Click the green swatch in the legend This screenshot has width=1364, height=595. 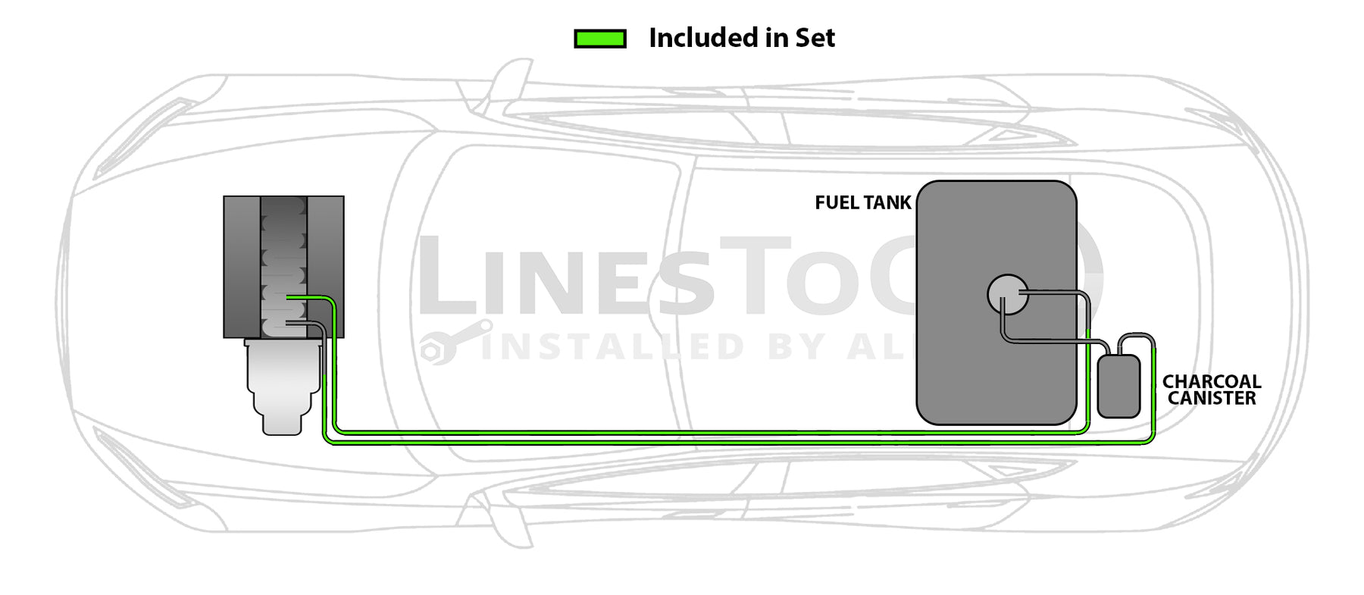(600, 39)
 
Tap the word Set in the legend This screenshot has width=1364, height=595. (815, 38)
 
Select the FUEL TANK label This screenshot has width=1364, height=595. (862, 203)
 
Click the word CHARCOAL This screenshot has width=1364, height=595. (1211, 382)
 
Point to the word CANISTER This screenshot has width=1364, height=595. (1211, 399)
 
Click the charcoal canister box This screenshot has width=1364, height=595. (1118, 387)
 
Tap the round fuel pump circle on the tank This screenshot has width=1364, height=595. (1007, 294)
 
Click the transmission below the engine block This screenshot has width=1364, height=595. (283, 387)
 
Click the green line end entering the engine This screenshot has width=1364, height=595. (291, 298)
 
